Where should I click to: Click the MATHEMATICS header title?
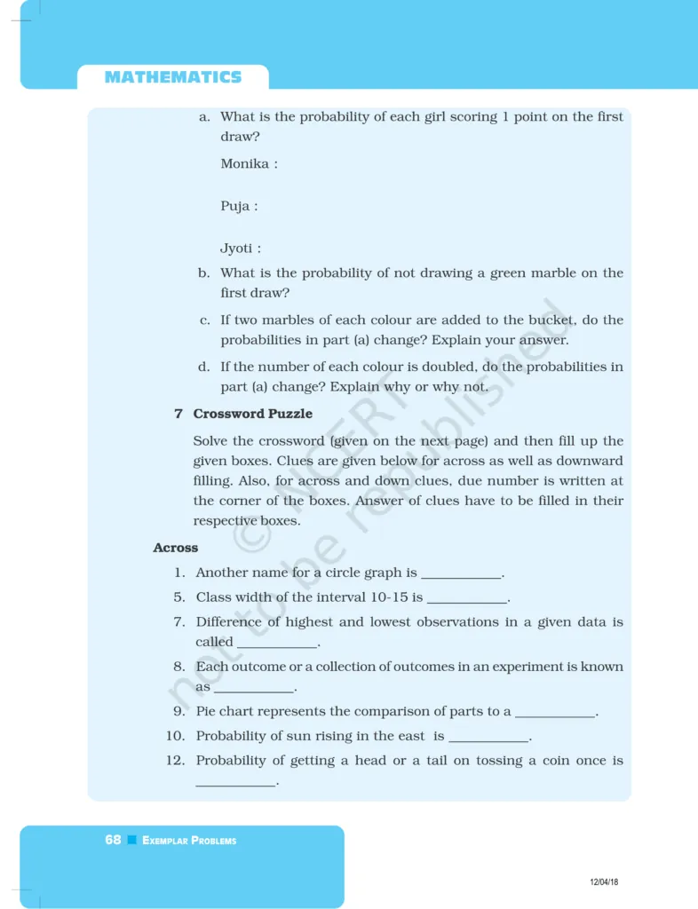pyautogui.click(x=172, y=77)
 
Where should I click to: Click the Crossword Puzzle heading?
pyautogui.click(x=252, y=414)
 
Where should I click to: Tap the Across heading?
pyautogui.click(x=175, y=548)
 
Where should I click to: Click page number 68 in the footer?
pyautogui.click(x=113, y=840)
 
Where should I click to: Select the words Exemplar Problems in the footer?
pyautogui.click(x=189, y=841)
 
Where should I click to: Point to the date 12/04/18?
pyautogui.click(x=604, y=881)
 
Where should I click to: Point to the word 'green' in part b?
pyautogui.click(x=504, y=273)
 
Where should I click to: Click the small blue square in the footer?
pyautogui.click(x=131, y=840)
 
